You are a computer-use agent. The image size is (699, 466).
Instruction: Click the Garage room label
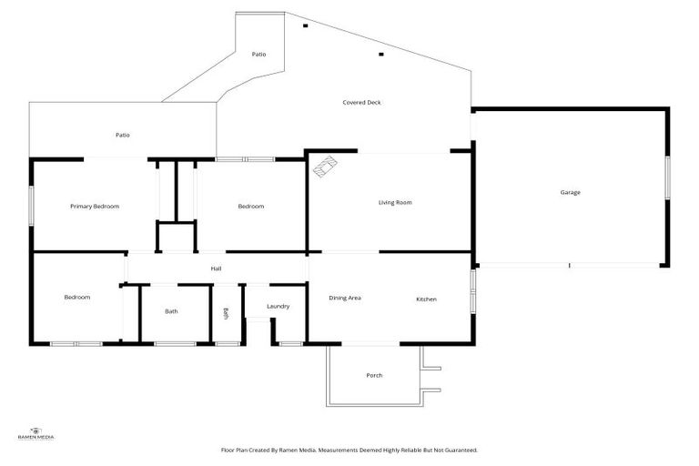(x=571, y=192)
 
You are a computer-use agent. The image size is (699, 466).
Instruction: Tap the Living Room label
(x=395, y=202)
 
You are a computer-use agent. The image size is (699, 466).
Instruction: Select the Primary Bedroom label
(x=95, y=207)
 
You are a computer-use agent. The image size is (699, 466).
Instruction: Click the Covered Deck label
(x=361, y=103)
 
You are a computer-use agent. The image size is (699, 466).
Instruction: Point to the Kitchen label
(x=427, y=299)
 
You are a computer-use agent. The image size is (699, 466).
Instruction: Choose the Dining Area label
(x=345, y=298)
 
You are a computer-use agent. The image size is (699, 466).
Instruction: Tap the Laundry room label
(x=278, y=306)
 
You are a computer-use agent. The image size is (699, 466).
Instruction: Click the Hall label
(x=217, y=268)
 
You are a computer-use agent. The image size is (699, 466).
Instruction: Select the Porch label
(x=374, y=375)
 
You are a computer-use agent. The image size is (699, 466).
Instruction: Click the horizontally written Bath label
(x=171, y=311)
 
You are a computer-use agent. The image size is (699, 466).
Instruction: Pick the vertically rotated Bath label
(x=226, y=313)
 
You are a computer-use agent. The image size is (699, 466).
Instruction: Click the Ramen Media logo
(x=36, y=433)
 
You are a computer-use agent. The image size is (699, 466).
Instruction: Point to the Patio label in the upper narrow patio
(x=259, y=55)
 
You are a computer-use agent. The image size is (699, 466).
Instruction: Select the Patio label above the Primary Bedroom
(x=122, y=135)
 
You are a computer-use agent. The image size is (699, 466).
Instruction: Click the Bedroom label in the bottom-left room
(x=76, y=298)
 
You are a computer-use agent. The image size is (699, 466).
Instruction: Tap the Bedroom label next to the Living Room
(x=251, y=207)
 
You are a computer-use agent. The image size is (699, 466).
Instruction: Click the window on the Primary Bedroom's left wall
(x=32, y=204)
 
